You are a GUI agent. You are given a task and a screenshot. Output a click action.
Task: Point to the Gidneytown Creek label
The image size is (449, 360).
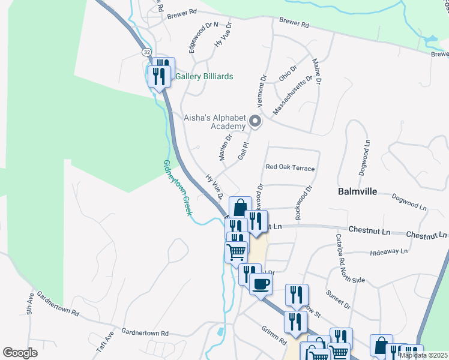pos(178,188)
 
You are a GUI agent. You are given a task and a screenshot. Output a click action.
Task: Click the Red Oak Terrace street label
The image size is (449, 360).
pos(290,168)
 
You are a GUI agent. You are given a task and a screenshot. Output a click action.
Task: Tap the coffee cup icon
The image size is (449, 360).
pos(261,284)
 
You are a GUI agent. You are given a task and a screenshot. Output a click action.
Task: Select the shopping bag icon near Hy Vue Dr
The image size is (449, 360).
pos(240,208)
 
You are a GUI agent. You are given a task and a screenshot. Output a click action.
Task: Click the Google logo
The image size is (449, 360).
pos(20,352)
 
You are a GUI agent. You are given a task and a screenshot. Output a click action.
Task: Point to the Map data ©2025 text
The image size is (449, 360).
pos(423,355)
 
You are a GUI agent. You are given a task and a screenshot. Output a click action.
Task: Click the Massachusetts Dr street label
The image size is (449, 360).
pos(292,95)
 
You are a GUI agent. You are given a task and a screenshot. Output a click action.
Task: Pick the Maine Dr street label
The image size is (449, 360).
pos(316,71)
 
